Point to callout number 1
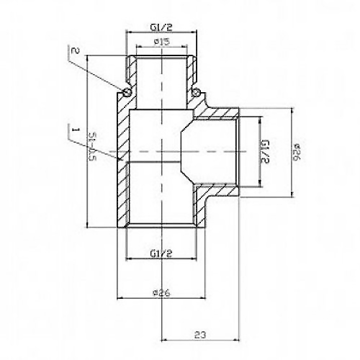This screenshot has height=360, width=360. pyautogui.click(x=73, y=130)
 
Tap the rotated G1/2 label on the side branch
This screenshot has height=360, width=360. pyautogui.click(x=264, y=153)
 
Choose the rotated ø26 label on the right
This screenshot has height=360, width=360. pyautogui.click(x=297, y=153)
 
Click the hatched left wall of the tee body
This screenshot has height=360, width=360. pyautogui.click(x=122, y=173)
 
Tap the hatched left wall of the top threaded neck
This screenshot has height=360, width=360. pyautogui.click(x=132, y=72)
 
